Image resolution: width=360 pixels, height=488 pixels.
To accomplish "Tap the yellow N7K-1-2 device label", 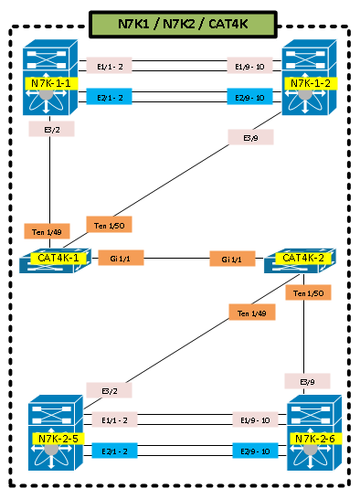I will (311, 83).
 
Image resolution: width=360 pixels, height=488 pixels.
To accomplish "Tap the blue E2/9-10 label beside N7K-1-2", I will (249, 97).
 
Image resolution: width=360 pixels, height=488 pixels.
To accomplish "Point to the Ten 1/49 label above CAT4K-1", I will (46, 231).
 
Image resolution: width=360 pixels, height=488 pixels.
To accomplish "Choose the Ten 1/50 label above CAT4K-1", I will (109, 224).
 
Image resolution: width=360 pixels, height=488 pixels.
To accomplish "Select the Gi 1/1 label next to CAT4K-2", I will (232, 260).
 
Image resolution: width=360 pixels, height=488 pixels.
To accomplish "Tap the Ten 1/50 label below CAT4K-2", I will (308, 292).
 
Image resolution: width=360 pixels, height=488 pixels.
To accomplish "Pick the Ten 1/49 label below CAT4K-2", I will (250, 313).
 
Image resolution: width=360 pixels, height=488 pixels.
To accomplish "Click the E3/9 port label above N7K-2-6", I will (308, 380).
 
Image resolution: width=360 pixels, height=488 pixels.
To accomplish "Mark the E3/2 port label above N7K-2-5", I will (109, 390).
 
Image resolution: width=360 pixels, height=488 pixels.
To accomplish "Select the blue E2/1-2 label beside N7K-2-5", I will (114, 451).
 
